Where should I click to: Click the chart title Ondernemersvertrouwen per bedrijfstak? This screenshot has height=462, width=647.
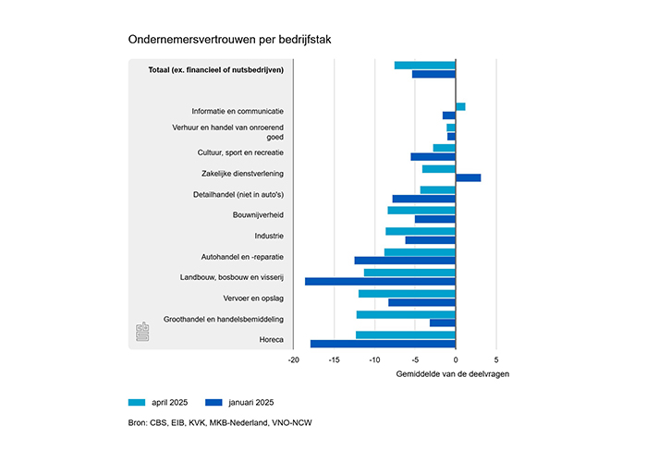[229, 40]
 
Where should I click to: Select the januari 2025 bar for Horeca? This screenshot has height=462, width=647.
[383, 344]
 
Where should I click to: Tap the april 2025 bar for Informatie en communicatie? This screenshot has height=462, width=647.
[460, 107]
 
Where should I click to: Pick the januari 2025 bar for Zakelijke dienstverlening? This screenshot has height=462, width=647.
[469, 177]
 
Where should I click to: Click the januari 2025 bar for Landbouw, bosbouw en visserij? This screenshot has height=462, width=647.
[380, 281]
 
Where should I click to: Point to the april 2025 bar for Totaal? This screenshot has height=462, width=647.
[425, 66]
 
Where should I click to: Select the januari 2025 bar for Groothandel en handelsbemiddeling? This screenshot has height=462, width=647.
[443, 323]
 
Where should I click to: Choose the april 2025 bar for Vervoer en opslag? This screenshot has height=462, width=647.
[407, 294]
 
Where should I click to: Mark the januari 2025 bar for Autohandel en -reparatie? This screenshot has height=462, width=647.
[405, 261]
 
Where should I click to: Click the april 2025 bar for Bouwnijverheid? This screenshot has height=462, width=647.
[421, 211]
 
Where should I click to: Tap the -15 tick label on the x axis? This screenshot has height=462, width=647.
[334, 360]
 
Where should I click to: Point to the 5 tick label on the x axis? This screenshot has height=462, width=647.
[496, 360]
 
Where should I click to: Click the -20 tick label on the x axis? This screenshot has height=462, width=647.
[293, 360]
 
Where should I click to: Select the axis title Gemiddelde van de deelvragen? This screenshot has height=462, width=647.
[453, 374]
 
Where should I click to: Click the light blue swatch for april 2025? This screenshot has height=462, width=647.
[137, 403]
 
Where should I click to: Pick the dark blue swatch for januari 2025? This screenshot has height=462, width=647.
[214, 403]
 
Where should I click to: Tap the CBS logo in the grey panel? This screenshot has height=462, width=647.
[142, 332]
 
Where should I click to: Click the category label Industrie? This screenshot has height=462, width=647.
[269, 236]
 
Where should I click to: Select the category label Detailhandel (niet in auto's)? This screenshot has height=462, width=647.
[238, 194]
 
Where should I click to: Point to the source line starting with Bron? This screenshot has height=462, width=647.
[220, 423]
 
